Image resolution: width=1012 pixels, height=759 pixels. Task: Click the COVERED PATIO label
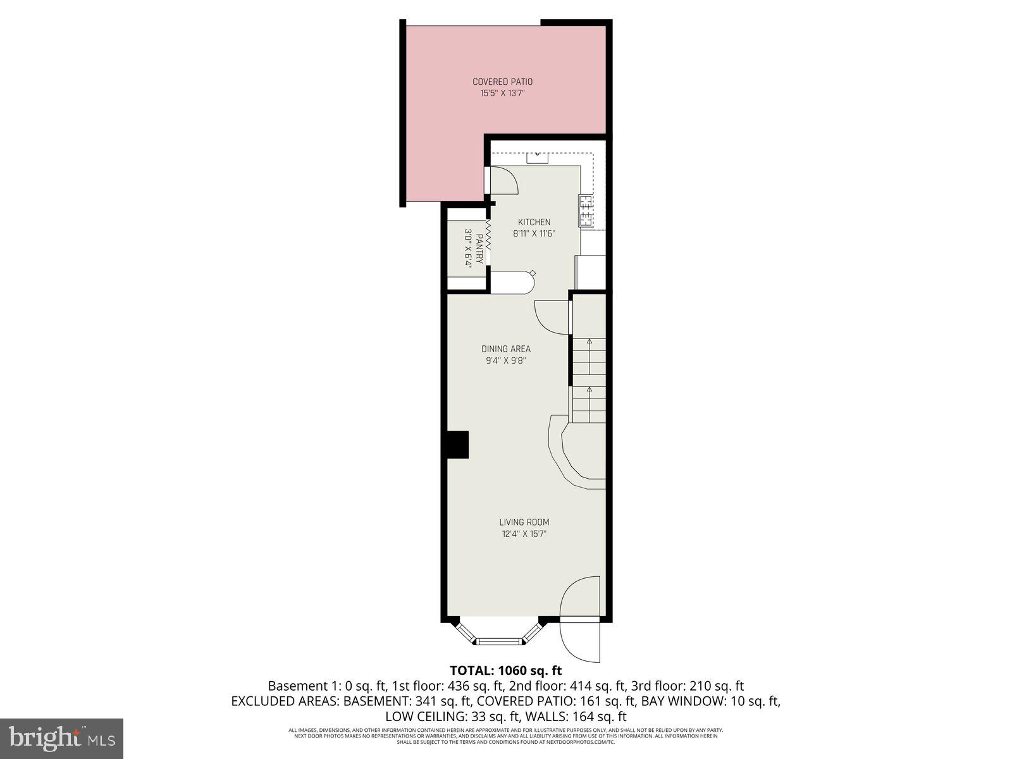(502, 82)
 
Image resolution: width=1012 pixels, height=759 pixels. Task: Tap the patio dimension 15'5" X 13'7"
(502, 94)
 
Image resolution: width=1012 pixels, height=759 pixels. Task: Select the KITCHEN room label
(534, 222)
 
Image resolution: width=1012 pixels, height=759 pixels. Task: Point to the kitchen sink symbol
(537, 156)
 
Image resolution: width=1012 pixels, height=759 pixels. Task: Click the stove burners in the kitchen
(585, 211)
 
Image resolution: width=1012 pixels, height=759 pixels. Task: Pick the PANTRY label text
(479, 249)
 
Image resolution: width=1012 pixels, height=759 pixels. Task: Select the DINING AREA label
(505, 349)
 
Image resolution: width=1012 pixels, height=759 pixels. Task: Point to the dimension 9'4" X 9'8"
(505, 361)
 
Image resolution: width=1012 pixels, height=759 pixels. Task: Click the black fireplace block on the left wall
(457, 445)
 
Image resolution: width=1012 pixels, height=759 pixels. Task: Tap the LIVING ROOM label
(524, 522)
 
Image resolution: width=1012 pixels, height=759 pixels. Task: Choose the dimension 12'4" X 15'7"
(524, 534)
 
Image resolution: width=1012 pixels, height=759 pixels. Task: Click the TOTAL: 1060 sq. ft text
(505, 670)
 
